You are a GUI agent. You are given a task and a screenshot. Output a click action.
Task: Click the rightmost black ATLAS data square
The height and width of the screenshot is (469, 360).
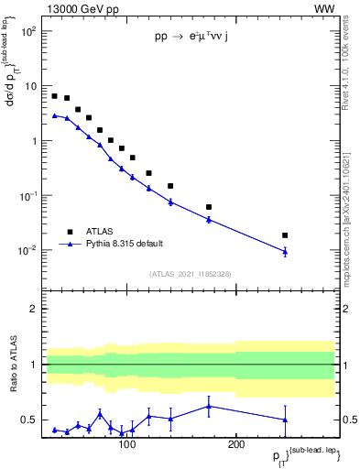click(285, 235)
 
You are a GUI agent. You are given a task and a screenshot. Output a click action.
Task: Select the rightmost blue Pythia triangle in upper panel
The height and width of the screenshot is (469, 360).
click(285, 251)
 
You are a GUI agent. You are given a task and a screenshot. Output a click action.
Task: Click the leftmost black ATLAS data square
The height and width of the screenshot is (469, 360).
click(55, 96)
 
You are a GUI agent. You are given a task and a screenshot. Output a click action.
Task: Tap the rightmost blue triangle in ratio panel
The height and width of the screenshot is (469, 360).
click(285, 420)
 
